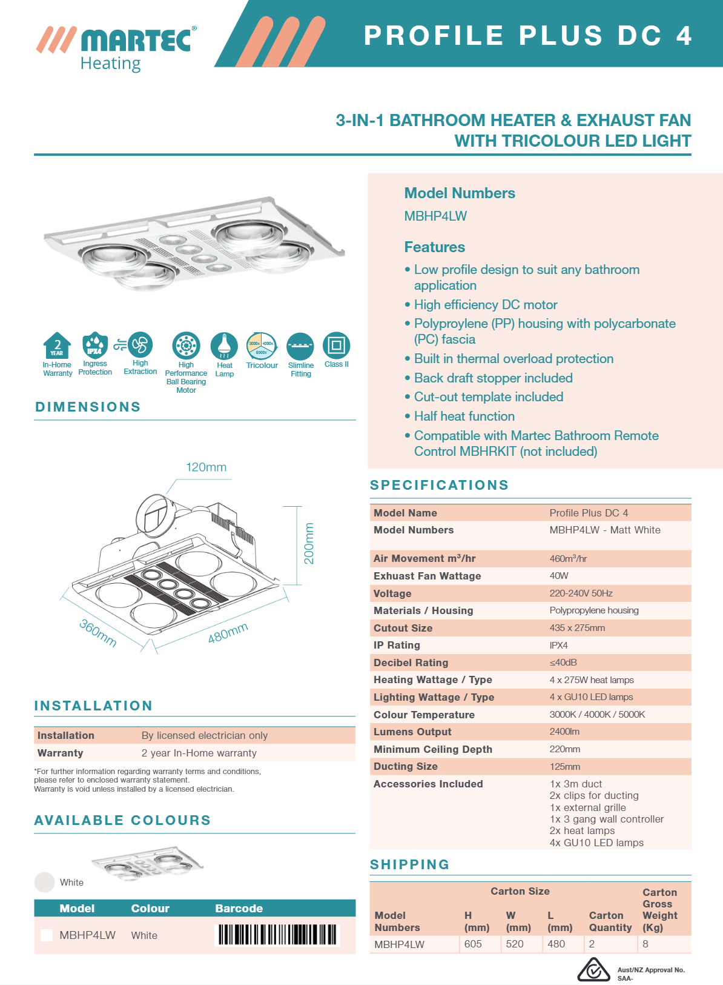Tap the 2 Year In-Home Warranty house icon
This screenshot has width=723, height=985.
[57, 346]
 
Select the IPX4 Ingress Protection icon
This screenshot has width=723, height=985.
[95, 346]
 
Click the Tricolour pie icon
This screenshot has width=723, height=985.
[262, 347]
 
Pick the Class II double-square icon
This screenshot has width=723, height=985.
[337, 346]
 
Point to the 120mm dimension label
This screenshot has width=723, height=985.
[206, 467]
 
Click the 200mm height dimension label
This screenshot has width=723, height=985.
[309, 543]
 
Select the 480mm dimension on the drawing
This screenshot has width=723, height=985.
[228, 633]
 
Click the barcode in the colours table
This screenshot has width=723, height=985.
[277, 935]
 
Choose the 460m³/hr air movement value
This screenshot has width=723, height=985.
[568, 558]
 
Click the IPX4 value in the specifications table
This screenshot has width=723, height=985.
[558, 646]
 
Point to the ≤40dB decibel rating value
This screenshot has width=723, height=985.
[563, 663]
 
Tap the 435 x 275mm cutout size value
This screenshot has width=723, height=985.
[577, 628]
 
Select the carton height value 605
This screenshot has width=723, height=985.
[473, 944]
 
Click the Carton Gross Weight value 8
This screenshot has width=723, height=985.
[645, 944]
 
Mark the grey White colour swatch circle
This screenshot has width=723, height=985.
[45, 882]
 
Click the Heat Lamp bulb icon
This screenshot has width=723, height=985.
[224, 346]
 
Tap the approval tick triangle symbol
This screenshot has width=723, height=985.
[593, 969]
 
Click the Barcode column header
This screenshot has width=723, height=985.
[239, 908]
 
